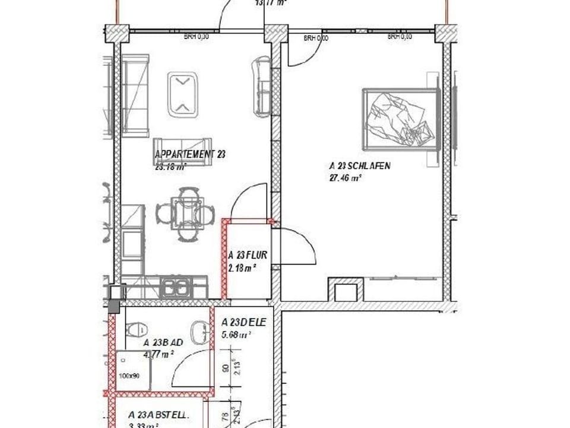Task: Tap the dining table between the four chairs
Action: coord(186,213)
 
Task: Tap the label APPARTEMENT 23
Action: coord(189,155)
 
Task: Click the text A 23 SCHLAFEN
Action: coord(360,166)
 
